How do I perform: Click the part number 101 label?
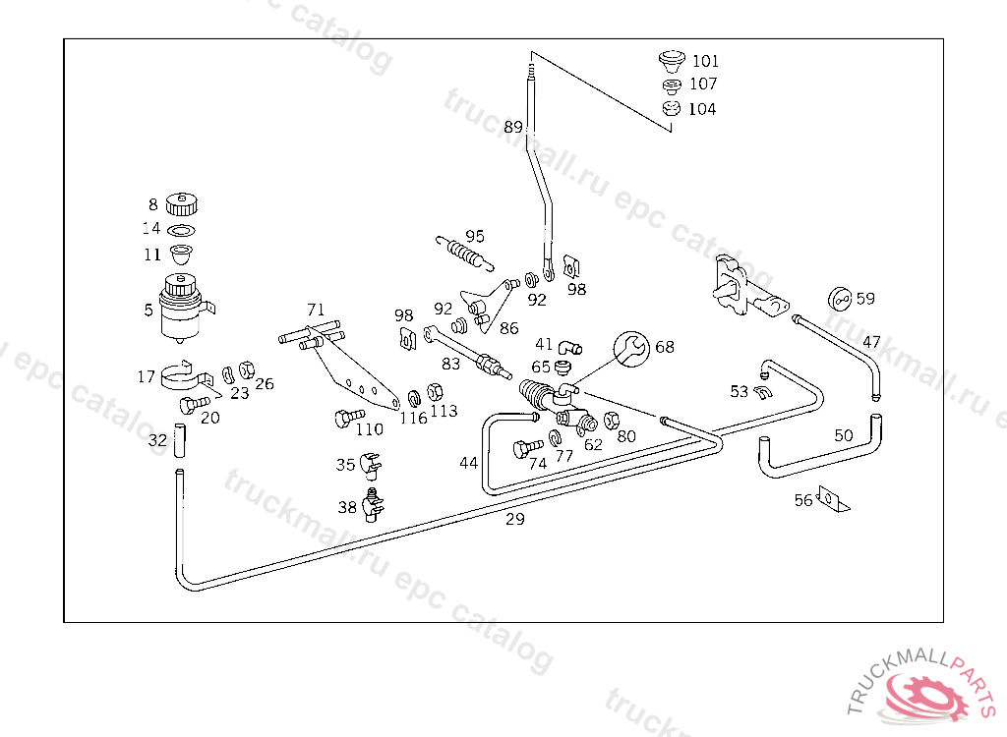tap(705, 61)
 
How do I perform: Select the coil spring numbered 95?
tap(464, 253)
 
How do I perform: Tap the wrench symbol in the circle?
tap(632, 349)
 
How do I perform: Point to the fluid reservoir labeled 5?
tap(182, 309)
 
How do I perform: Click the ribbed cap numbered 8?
tap(181, 204)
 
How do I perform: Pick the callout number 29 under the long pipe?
tap(515, 519)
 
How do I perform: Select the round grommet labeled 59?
tap(840, 299)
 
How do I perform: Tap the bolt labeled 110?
tap(349, 418)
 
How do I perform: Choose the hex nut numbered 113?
tap(435, 391)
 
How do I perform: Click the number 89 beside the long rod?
tap(513, 127)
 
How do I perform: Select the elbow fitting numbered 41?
tap(569, 347)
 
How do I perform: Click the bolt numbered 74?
tap(527, 447)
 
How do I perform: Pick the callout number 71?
tap(316, 311)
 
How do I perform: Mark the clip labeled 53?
tap(762, 392)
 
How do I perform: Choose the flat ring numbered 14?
tap(181, 230)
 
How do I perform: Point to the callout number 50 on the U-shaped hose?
tap(843, 436)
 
